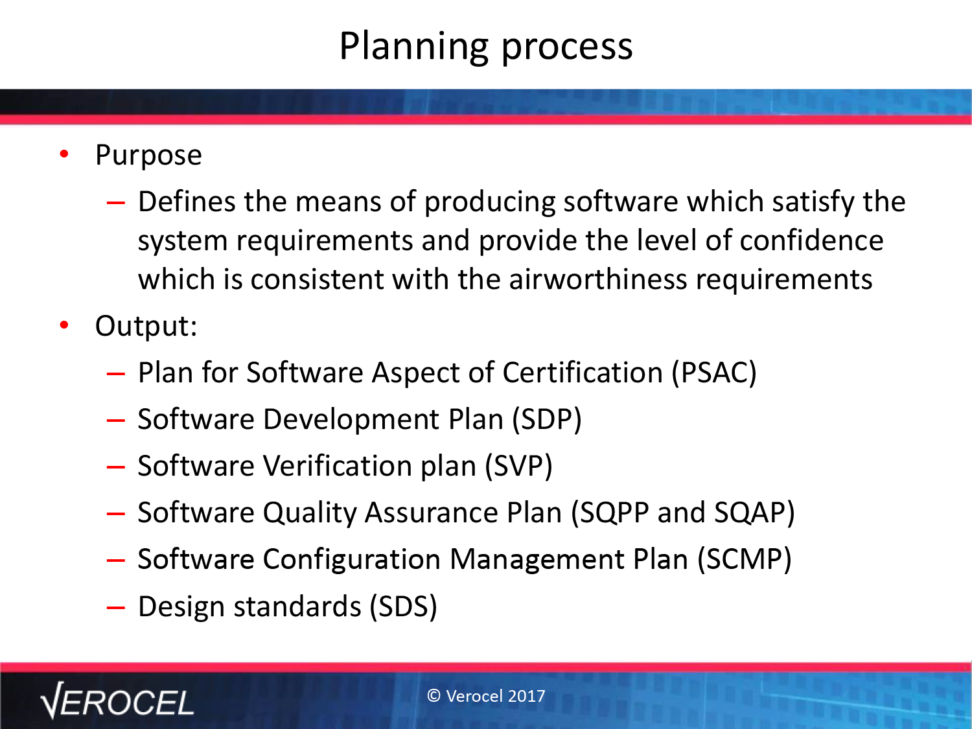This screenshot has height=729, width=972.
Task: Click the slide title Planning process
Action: point(486,47)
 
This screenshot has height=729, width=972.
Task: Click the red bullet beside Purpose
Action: point(64,154)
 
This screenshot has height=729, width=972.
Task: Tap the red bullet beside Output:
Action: point(64,325)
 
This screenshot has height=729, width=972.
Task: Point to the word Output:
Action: point(146,327)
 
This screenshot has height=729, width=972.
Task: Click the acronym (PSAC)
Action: point(714,373)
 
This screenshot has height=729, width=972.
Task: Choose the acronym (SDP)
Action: point(547,420)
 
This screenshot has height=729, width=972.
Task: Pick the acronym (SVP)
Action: point(518,466)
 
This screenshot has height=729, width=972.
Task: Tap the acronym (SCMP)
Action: point(744,559)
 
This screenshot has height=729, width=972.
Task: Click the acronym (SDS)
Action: point(403,607)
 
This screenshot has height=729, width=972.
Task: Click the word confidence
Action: point(811,241)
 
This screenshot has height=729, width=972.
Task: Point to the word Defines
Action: point(187,202)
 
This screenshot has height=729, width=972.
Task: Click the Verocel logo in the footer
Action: point(117,700)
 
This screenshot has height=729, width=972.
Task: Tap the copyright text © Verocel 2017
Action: point(486,696)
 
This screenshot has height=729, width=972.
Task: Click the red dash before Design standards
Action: point(115,608)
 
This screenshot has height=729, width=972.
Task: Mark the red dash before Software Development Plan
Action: point(115,421)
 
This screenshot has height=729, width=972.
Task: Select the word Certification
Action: point(583,373)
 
